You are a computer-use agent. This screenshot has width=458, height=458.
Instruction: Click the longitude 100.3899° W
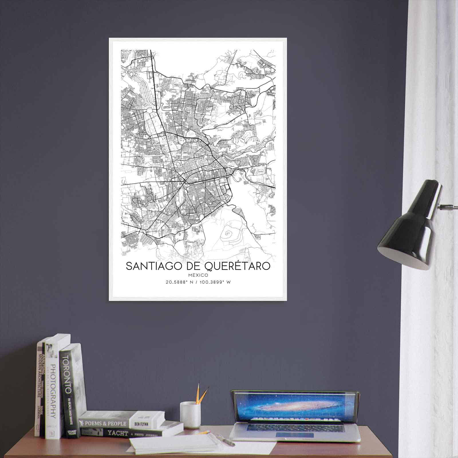[214, 282]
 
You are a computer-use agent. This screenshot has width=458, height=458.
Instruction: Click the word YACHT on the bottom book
[117, 433]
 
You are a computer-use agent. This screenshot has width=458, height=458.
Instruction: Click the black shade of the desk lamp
[412, 226]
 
